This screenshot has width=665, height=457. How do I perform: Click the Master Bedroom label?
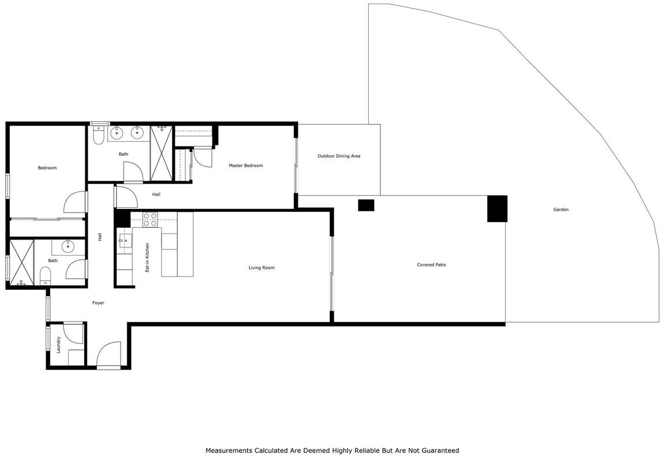tap(245, 166)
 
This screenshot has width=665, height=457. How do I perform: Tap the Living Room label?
tap(261, 268)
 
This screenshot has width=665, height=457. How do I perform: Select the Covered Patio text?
tap(431, 264)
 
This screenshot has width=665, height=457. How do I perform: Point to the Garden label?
tap(561, 209)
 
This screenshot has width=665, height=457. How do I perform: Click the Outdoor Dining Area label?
tap(339, 156)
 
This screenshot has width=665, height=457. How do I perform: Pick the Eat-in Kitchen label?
tap(147, 257)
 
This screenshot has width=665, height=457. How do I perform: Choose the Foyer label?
tap(98, 303)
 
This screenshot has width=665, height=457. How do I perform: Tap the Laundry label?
tap(58, 344)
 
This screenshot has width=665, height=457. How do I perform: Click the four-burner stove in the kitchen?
tap(150, 219)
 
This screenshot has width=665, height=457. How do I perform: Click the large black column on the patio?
tap(497, 208)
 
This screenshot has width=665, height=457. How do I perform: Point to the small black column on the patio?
tap(366, 205)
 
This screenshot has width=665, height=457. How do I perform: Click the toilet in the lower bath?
tap(46, 276)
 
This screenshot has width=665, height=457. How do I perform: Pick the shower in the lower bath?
tap(21, 263)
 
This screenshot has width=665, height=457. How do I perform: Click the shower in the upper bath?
tap(162, 153)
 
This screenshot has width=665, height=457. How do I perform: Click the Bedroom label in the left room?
tap(47, 168)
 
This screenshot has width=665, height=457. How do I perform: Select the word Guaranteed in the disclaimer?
tap(440, 450)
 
